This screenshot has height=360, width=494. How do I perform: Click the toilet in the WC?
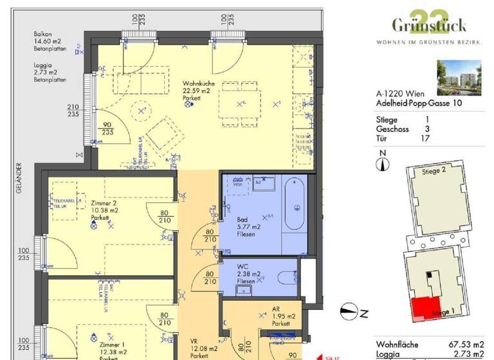(287, 276)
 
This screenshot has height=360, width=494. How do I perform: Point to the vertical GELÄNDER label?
(20, 178)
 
